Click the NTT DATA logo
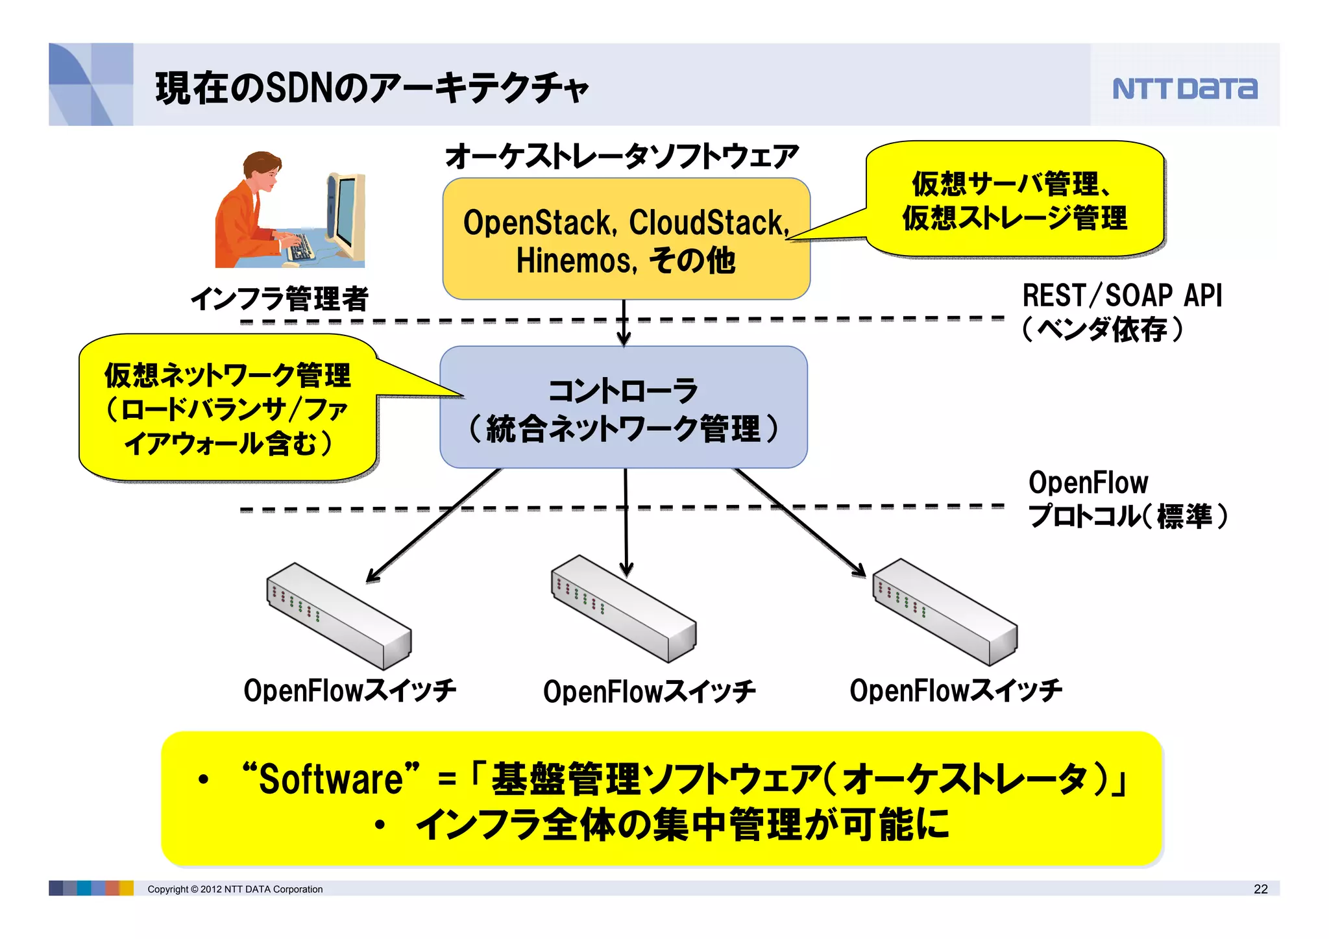point(1184,88)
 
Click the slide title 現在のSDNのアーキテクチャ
point(371,88)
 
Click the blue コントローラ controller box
point(623,408)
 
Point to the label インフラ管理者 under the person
point(279,299)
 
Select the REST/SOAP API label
point(1122,296)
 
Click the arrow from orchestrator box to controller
point(624,323)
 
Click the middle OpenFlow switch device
point(623,608)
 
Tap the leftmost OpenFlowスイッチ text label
point(349,690)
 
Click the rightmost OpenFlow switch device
point(944,611)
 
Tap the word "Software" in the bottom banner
point(331,779)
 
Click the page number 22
point(1260,889)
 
